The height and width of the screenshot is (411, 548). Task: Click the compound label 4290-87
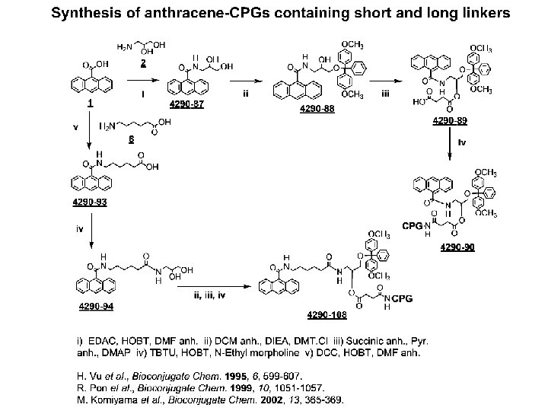click(186, 104)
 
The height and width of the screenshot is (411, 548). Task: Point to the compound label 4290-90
click(457, 247)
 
